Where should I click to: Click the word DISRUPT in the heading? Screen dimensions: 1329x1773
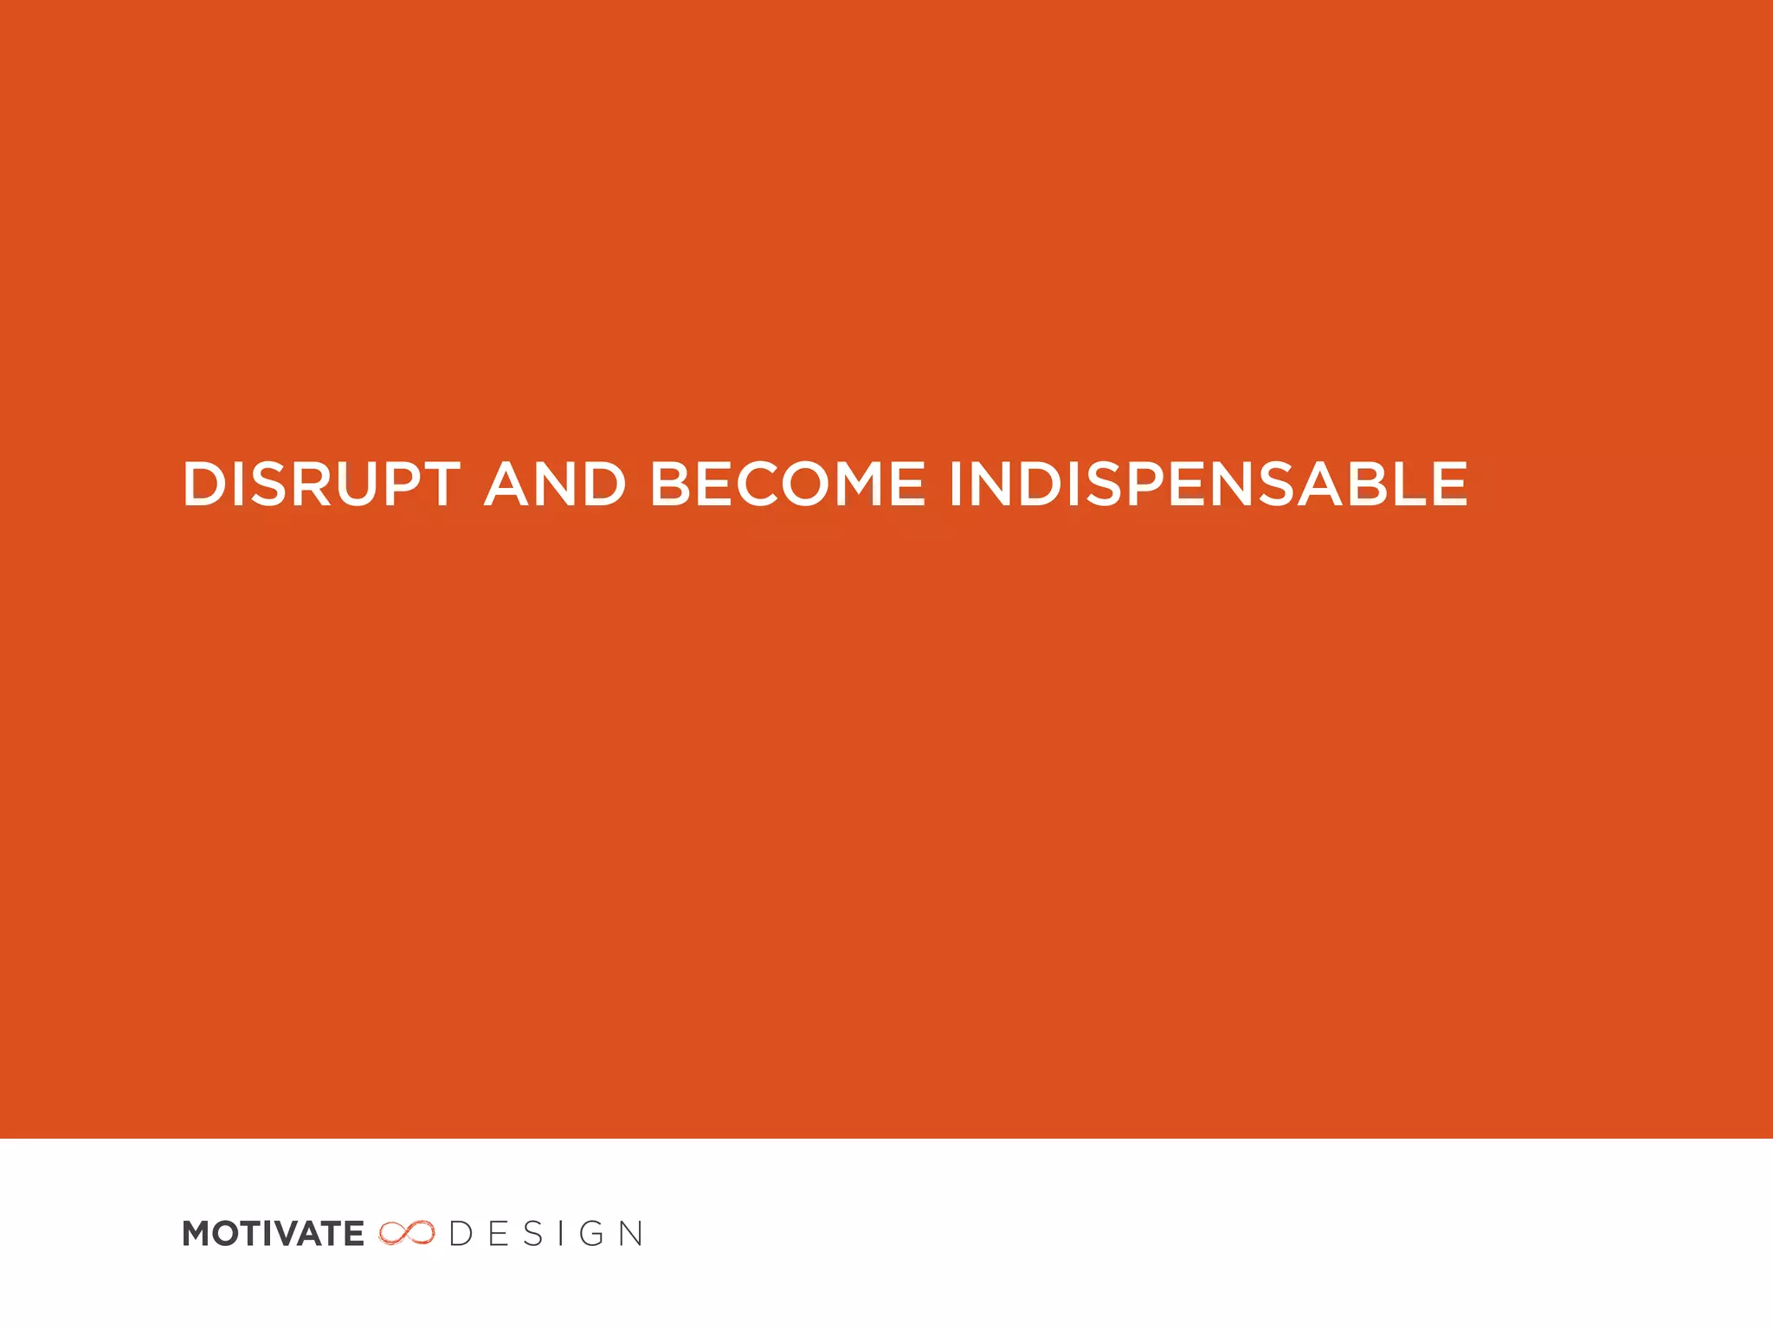point(320,484)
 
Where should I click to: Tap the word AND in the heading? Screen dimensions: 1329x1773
point(555,484)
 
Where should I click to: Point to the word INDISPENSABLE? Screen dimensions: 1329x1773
point(1209,484)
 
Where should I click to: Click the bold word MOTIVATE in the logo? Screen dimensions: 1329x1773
point(273,1234)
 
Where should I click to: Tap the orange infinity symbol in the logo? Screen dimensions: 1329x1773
point(406,1233)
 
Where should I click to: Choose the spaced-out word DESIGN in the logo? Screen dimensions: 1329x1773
point(546,1234)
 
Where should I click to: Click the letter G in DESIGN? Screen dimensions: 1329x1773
point(592,1234)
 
